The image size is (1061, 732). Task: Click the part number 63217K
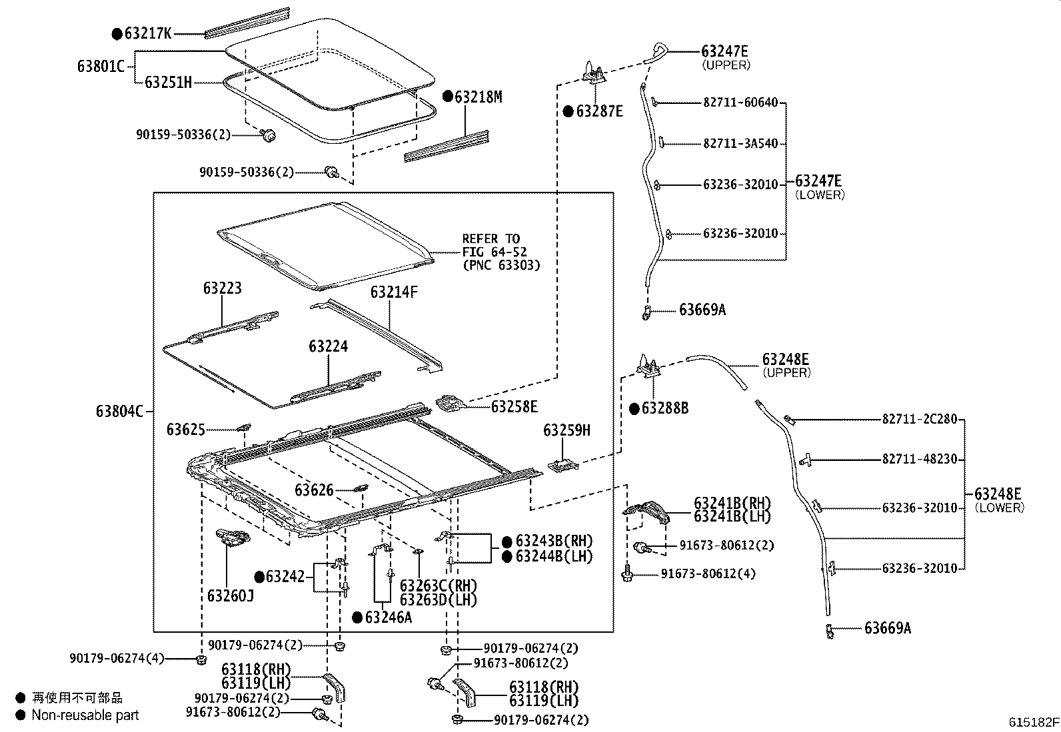click(148, 33)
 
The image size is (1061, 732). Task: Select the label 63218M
click(479, 97)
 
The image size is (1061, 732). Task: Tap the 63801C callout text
click(101, 67)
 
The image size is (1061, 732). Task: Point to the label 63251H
click(169, 83)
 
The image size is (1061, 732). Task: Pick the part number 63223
click(223, 288)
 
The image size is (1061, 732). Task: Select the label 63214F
click(394, 292)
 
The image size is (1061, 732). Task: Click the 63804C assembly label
click(119, 411)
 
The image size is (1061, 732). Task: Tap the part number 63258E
click(514, 406)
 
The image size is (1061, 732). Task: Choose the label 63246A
click(389, 617)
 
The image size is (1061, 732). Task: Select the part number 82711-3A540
click(740, 143)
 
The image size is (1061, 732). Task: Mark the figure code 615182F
click(1033, 722)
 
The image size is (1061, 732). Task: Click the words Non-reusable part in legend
click(85, 715)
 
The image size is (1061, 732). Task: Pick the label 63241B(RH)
click(732, 503)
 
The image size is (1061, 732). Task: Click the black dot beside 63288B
click(634, 408)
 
